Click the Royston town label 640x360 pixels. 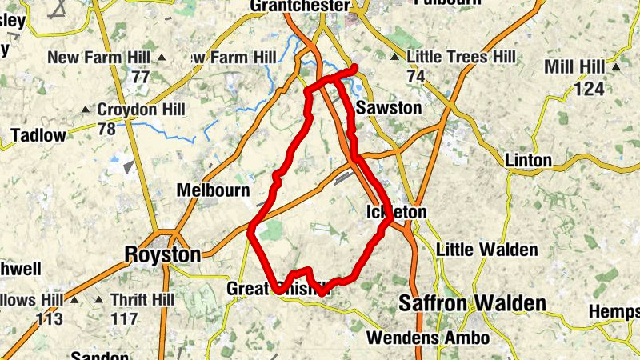pyautogui.click(x=163, y=254)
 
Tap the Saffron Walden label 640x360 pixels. pyautogui.click(x=472, y=303)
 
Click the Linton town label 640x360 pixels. pyautogui.click(x=528, y=160)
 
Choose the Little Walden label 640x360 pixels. pyautogui.click(x=487, y=250)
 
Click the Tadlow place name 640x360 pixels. pyautogui.click(x=38, y=135)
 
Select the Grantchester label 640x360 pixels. pyautogui.click(x=299, y=6)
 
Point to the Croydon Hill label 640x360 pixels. pyautogui.click(x=141, y=110)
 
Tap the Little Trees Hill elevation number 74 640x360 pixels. pyautogui.click(x=414, y=77)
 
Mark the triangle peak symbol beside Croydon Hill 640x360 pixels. pyautogui.click(x=86, y=110)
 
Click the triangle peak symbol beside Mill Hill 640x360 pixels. pyautogui.click(x=616, y=66)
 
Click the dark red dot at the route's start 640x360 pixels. pyautogui.click(x=354, y=68)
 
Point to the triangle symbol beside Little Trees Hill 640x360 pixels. pyautogui.click(x=394, y=58)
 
